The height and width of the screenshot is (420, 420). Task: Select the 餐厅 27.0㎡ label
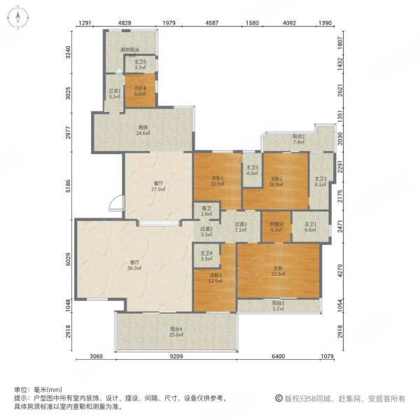click(x=158, y=187)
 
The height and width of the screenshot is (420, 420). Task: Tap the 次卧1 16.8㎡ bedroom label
click(x=278, y=181)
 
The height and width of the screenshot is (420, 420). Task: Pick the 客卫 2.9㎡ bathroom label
click(x=206, y=211)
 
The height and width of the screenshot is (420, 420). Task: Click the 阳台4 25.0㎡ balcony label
click(x=177, y=331)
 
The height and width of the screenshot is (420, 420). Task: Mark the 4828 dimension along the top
click(x=124, y=24)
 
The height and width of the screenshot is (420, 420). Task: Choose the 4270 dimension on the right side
click(x=341, y=271)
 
